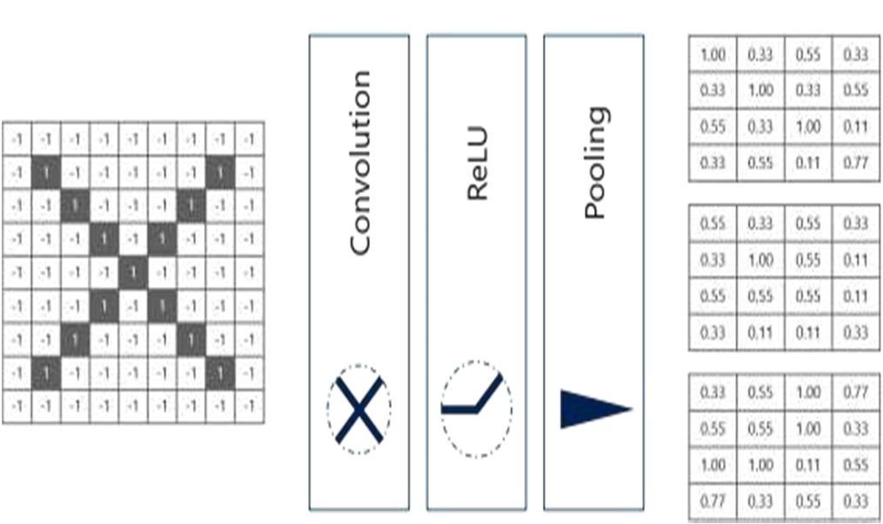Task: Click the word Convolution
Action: pyautogui.click(x=359, y=162)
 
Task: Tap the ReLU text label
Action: pyautogui.click(x=477, y=164)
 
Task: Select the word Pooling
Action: pyautogui.click(x=594, y=164)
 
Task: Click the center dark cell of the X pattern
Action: pyautogui.click(x=132, y=272)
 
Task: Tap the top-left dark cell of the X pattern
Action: pyautogui.click(x=45, y=171)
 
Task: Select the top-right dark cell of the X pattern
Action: pyautogui.click(x=221, y=171)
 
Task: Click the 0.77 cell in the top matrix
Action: pyautogui.click(x=855, y=162)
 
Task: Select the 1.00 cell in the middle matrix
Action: pyautogui.click(x=760, y=259)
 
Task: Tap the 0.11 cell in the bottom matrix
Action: pyautogui.click(x=808, y=464)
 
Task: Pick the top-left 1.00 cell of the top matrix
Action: pyautogui.click(x=712, y=54)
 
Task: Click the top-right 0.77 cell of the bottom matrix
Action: pyautogui.click(x=855, y=393)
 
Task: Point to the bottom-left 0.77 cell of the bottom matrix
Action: pyautogui.click(x=712, y=500)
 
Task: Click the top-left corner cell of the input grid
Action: pyautogui.click(x=17, y=138)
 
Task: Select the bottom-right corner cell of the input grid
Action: pyautogui.click(x=250, y=406)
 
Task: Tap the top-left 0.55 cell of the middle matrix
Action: pyautogui.click(x=712, y=223)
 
